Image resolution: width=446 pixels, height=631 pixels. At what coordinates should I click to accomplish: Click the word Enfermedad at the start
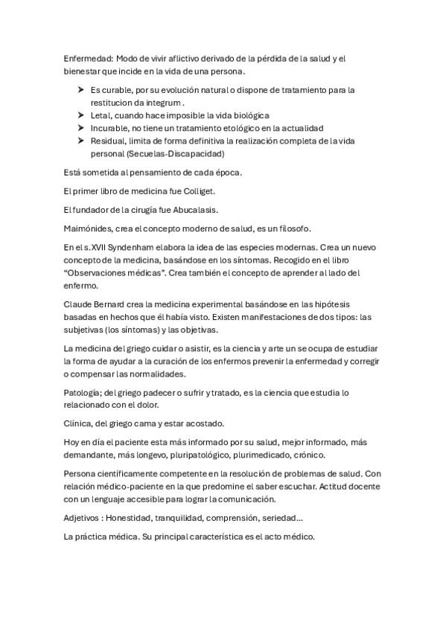coord(89,58)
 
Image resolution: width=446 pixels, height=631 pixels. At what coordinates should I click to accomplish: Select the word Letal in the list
coord(101,115)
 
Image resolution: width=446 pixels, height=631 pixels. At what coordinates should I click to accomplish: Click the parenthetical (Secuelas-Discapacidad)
coord(177,153)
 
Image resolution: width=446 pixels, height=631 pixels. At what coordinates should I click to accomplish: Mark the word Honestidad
coord(135,516)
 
